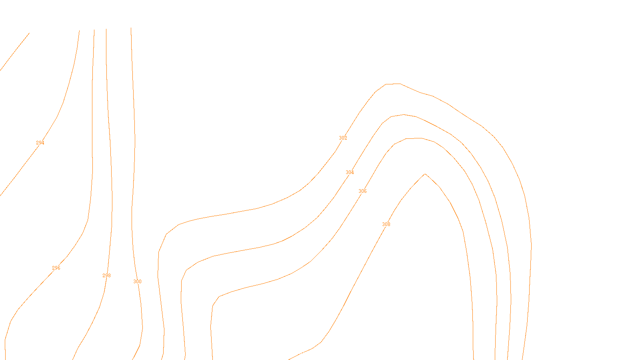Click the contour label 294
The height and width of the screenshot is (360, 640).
click(x=40, y=143)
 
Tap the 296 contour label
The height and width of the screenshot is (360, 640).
click(x=56, y=268)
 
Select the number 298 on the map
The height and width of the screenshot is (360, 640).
click(x=106, y=276)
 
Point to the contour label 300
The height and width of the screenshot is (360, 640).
click(x=137, y=282)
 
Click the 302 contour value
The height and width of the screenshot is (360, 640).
click(x=343, y=138)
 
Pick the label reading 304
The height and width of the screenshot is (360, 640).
click(x=350, y=172)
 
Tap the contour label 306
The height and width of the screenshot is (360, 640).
click(x=362, y=191)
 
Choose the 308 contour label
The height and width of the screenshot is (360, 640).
click(x=386, y=224)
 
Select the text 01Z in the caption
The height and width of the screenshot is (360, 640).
click(x=303, y=354)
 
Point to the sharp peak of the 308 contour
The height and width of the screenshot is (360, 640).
click(x=425, y=174)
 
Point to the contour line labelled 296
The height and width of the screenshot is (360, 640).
click(x=92, y=160)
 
